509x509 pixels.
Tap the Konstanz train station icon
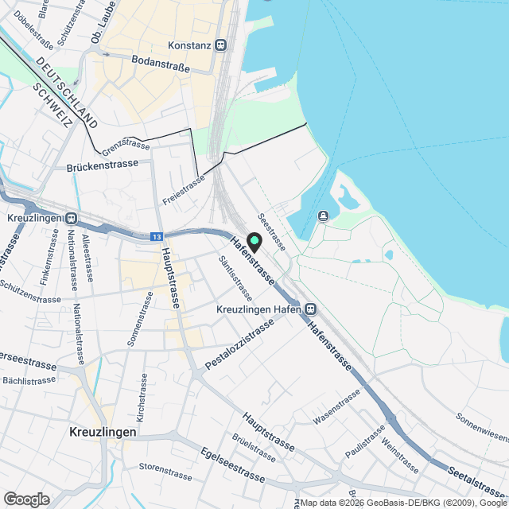point(221,45)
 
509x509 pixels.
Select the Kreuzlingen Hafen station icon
point(310,309)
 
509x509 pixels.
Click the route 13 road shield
point(157,237)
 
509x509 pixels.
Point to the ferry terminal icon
point(324,216)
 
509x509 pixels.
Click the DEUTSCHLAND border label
point(68,95)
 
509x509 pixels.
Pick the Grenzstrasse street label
point(126,145)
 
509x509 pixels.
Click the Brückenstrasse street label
point(103,164)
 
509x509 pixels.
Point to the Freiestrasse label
point(183,188)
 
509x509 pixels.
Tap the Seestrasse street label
point(272,231)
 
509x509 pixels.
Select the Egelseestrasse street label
point(232,464)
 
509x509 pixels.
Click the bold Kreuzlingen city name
point(103,433)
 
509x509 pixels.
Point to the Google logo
point(26,499)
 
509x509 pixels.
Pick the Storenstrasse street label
point(165,472)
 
